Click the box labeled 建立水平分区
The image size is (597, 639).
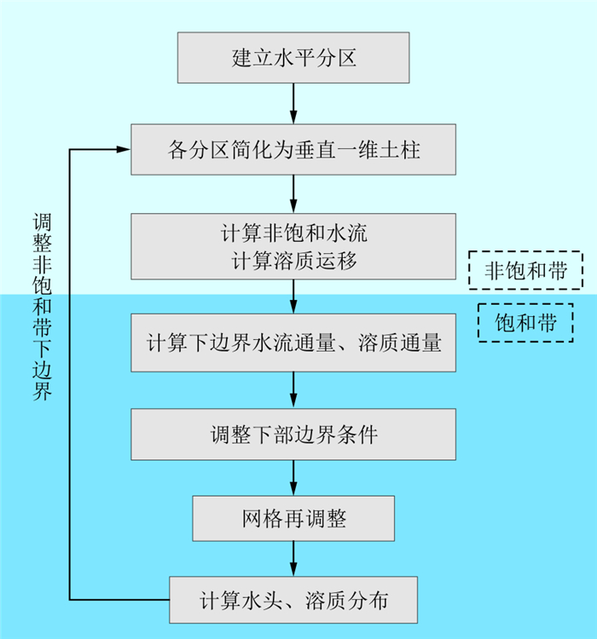click(293, 58)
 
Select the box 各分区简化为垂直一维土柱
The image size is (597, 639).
click(293, 151)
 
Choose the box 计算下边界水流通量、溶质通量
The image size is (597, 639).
click(293, 343)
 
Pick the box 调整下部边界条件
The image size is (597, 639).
click(293, 435)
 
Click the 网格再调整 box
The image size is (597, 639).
click(293, 518)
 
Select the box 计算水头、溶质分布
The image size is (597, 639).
click(293, 600)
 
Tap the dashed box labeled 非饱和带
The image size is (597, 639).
click(525, 271)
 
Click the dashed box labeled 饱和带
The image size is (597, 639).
click(525, 323)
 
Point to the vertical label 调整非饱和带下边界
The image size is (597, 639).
click(42, 307)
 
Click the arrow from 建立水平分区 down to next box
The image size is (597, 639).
click(293, 103)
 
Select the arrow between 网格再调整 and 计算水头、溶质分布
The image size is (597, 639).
click(293, 559)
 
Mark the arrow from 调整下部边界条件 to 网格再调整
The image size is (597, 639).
click(293, 478)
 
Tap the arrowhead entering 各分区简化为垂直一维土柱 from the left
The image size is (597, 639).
click(124, 150)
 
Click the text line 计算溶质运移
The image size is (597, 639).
click(293, 260)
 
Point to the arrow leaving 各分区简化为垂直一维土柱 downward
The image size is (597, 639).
click(293, 195)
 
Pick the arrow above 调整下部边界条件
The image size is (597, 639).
click(293, 391)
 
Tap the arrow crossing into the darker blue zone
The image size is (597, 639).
click(293, 296)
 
